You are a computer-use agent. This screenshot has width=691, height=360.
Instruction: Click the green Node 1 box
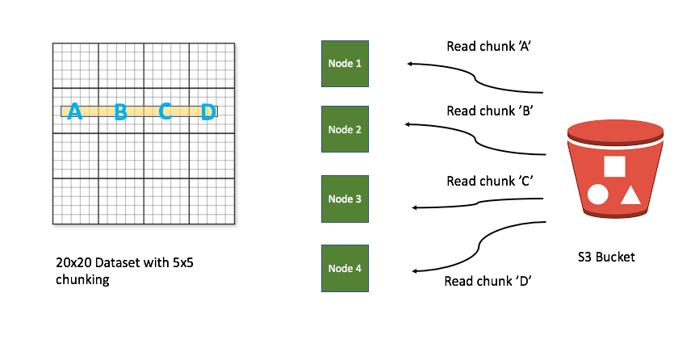tap(345, 62)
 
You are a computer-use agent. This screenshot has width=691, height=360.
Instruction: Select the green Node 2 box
tap(345, 129)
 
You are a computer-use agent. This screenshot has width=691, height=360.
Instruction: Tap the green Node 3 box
tap(345, 199)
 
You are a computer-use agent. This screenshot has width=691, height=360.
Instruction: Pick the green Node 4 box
tap(345, 268)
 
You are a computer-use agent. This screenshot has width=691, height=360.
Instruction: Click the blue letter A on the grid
tap(75, 111)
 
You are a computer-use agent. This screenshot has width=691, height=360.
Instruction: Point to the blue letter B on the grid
tap(120, 111)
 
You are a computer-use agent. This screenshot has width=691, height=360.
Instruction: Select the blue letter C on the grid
tap(165, 111)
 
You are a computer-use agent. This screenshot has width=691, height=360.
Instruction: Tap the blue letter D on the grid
tap(208, 111)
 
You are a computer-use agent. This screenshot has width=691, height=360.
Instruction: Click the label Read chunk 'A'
tap(488, 46)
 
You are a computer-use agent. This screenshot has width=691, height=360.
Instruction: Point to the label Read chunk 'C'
tap(488, 181)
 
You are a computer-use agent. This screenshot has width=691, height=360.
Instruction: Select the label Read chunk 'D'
tap(488, 281)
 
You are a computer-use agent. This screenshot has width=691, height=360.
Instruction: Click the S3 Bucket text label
tap(606, 257)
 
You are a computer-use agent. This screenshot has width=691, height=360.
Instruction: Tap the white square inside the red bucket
tap(614, 165)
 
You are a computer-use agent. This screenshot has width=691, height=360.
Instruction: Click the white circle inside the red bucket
tap(598, 195)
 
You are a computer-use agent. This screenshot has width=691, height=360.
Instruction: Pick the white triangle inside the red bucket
tap(630, 195)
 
